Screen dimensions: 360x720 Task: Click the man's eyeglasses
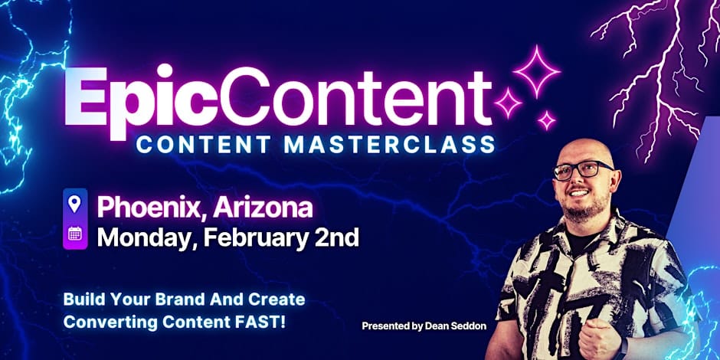coord(582,169)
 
